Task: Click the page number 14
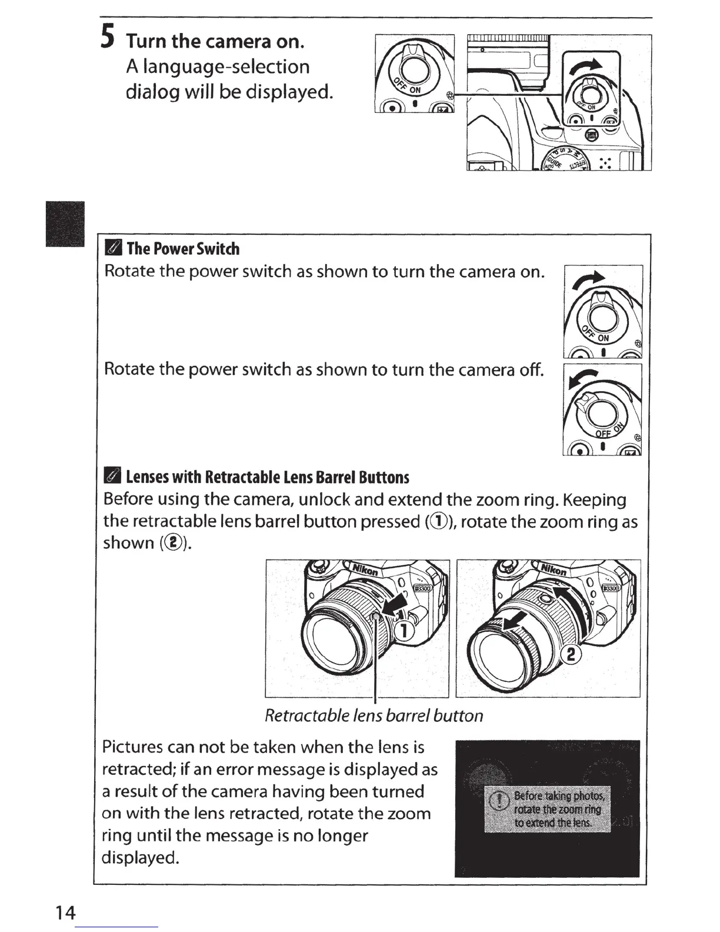(x=65, y=913)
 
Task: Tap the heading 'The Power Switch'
(x=183, y=249)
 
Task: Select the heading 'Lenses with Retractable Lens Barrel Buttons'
(x=268, y=477)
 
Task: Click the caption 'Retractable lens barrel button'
(x=374, y=715)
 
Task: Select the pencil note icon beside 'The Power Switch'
(x=113, y=249)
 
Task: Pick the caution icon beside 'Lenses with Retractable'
(x=113, y=477)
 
